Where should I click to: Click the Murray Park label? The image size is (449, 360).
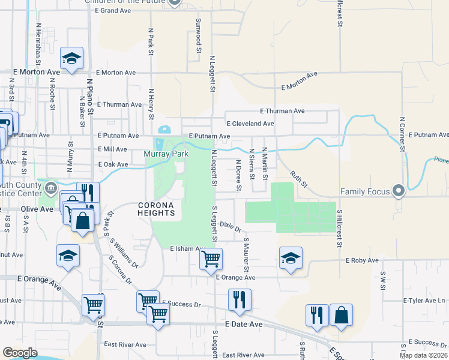click(166, 154)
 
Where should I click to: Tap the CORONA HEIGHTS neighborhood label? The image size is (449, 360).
click(156, 209)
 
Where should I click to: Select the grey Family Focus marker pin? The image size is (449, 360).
click(398, 191)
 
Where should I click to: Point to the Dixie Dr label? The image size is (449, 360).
click(230, 226)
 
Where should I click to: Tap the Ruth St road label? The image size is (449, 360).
click(298, 178)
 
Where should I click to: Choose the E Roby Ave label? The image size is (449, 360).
click(362, 260)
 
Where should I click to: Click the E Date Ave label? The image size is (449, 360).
click(244, 324)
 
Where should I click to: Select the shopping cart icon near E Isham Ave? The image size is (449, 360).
click(211, 259)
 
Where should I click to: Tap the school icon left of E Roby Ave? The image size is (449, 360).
click(291, 259)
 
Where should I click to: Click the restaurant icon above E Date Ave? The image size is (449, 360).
click(240, 300)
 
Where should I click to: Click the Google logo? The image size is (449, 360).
click(20, 353)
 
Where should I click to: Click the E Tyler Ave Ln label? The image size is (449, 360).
click(424, 300)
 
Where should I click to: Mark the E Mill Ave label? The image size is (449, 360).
click(112, 149)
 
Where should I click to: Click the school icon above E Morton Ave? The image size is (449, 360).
click(71, 58)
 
